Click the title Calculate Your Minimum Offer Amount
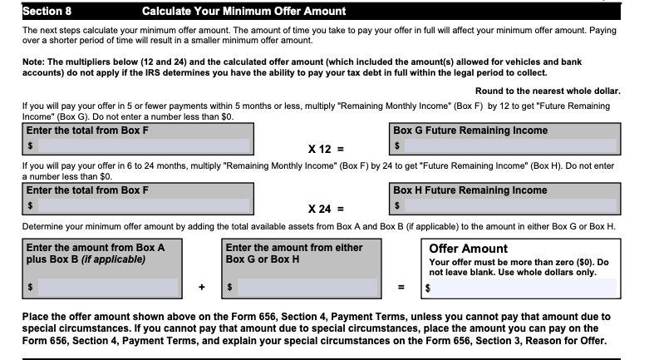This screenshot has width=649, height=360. (x=232, y=12)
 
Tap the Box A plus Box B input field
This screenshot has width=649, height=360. (x=108, y=288)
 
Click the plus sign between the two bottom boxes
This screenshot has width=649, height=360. (x=201, y=288)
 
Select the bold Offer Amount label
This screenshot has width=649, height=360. (x=468, y=248)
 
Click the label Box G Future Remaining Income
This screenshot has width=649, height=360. (x=470, y=131)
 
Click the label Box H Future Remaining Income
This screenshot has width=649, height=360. (x=470, y=190)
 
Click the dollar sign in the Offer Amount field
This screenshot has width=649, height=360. (x=428, y=288)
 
